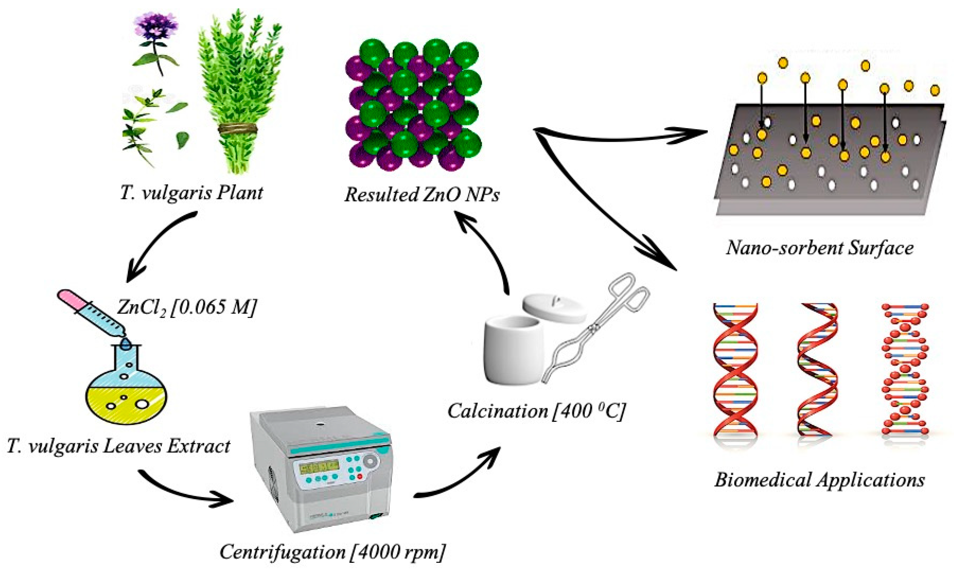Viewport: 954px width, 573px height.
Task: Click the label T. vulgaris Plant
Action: point(191,193)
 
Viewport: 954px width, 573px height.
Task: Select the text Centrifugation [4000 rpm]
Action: point(332,552)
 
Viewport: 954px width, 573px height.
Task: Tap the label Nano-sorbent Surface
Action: point(819,247)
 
